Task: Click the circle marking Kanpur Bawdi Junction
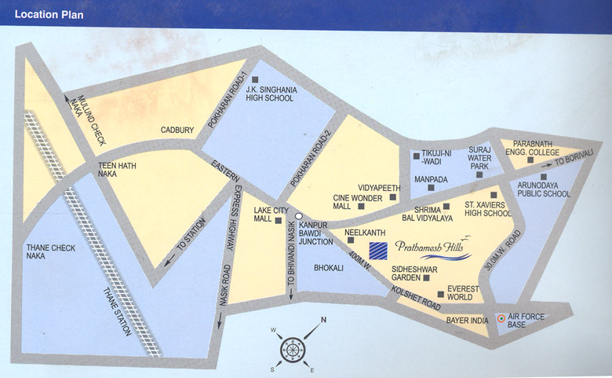tap(298, 214)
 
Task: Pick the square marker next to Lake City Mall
tap(279, 221)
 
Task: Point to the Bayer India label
tap(468, 320)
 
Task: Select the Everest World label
tap(467, 293)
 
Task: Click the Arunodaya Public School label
tap(544, 189)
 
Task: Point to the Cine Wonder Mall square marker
tap(360, 206)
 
